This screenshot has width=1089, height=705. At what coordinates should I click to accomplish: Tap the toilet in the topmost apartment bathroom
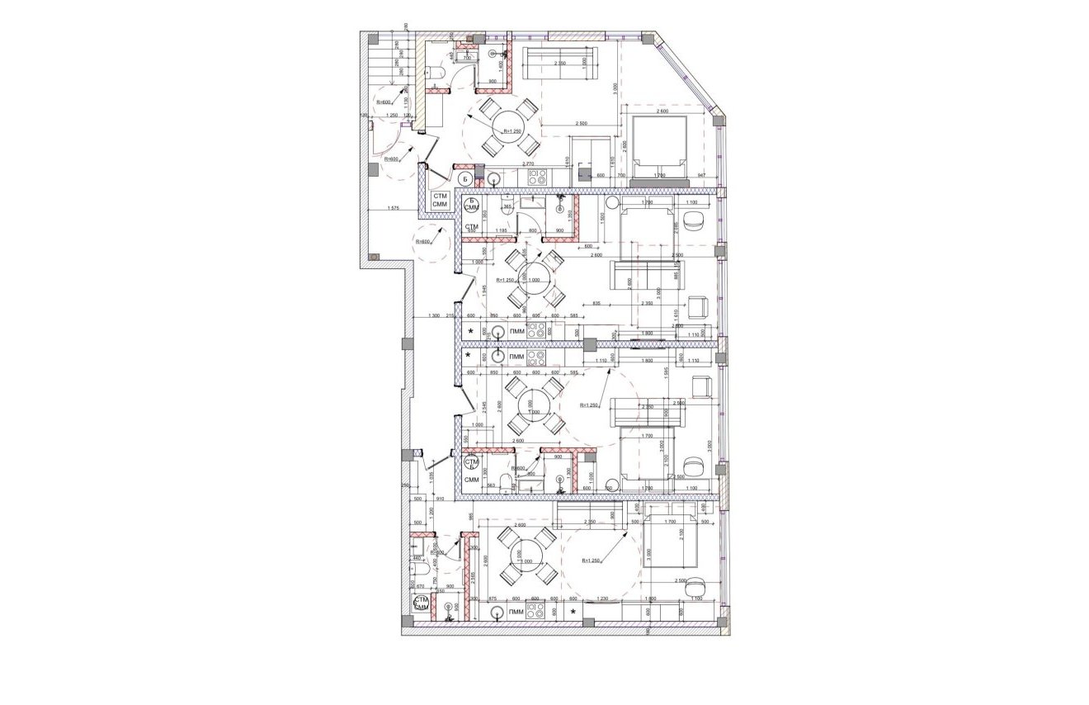(x=437, y=75)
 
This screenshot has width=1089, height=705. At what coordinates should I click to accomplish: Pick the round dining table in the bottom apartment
(x=521, y=557)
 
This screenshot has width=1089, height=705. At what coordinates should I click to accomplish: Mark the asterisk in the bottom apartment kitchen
(x=573, y=612)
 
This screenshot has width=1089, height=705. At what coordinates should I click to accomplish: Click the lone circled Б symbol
(x=464, y=178)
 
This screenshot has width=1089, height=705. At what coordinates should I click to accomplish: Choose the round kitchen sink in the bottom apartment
(x=497, y=612)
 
